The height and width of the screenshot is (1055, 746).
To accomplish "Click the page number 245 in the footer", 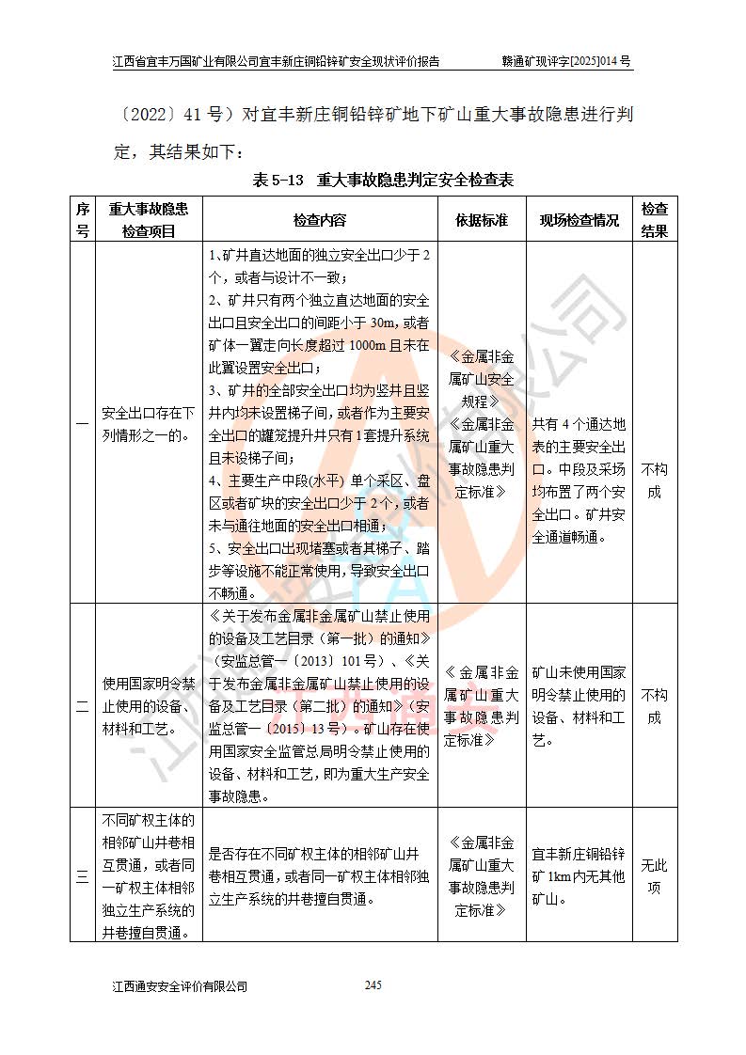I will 373,984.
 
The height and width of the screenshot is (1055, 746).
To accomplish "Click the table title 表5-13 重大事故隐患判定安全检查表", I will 383,179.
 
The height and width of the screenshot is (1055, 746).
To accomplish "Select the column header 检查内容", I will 320,220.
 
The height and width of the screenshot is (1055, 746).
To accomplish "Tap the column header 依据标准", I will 482,220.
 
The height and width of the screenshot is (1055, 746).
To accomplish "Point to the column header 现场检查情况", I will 579,220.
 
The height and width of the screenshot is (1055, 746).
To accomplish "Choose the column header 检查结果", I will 655,220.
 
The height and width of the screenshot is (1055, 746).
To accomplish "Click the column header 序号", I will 83,220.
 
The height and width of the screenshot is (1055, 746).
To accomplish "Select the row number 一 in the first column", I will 83,424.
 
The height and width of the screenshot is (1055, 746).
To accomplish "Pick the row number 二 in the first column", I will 83,706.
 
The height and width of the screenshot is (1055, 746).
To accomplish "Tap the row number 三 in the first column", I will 83,876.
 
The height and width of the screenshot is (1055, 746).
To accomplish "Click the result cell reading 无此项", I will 655,876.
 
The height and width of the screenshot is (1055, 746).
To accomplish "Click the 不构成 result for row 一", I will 655,480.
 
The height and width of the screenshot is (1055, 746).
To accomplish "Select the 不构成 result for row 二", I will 655,706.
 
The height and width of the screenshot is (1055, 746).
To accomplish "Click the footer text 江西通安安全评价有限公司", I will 180,985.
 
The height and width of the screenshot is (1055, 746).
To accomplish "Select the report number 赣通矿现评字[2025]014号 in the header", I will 566,62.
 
